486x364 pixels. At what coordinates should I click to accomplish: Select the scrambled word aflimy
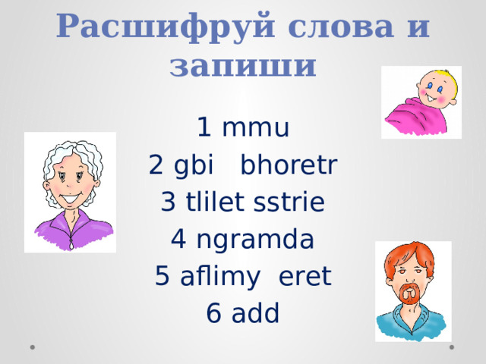click(x=216, y=277)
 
